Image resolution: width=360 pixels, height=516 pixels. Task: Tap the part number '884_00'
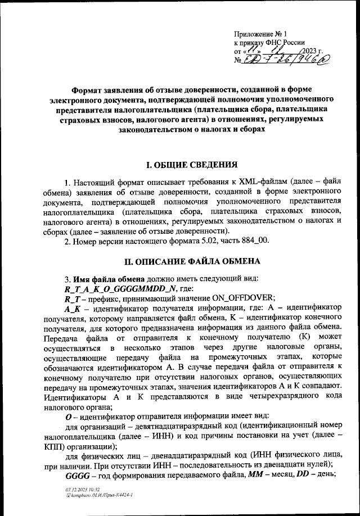coord(256,242)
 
